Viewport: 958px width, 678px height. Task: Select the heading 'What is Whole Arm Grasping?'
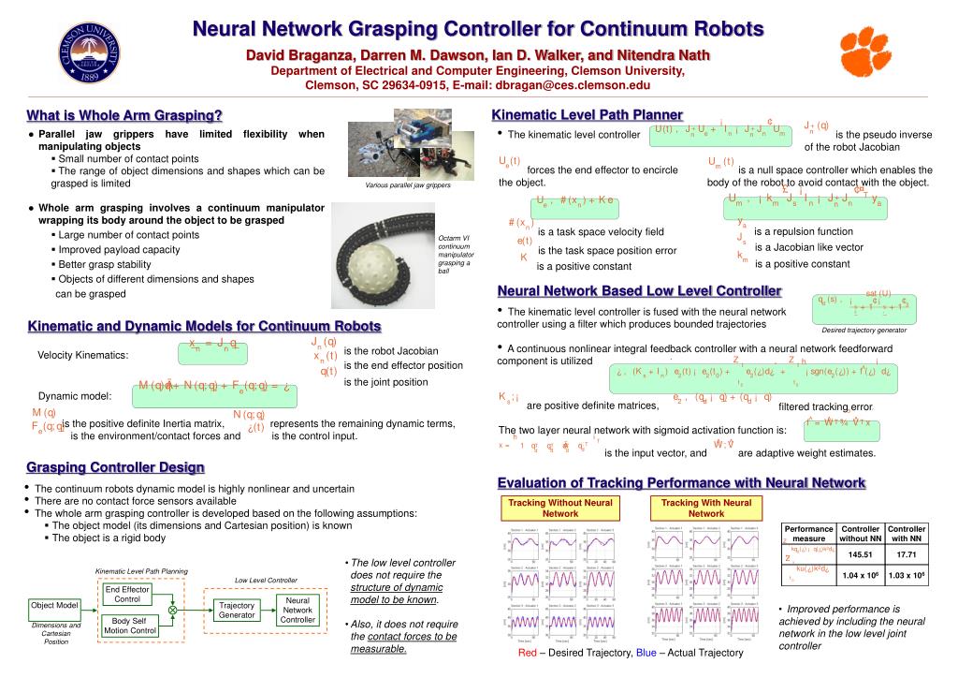(124, 115)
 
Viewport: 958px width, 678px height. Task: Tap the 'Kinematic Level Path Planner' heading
(588, 114)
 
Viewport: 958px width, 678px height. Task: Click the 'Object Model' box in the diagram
(55, 606)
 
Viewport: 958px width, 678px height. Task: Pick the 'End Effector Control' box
(126, 594)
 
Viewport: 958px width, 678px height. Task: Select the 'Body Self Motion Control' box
(130, 626)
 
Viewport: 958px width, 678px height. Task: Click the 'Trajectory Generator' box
(237, 611)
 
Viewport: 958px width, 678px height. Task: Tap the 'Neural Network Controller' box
(298, 610)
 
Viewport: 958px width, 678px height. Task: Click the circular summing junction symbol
(172, 610)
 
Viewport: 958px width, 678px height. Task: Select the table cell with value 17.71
(906, 555)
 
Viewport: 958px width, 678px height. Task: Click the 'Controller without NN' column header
(859, 534)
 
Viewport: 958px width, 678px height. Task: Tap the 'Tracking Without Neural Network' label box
(560, 508)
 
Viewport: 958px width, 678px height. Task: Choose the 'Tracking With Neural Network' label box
(706, 508)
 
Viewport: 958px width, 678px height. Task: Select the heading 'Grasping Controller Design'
(115, 466)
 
